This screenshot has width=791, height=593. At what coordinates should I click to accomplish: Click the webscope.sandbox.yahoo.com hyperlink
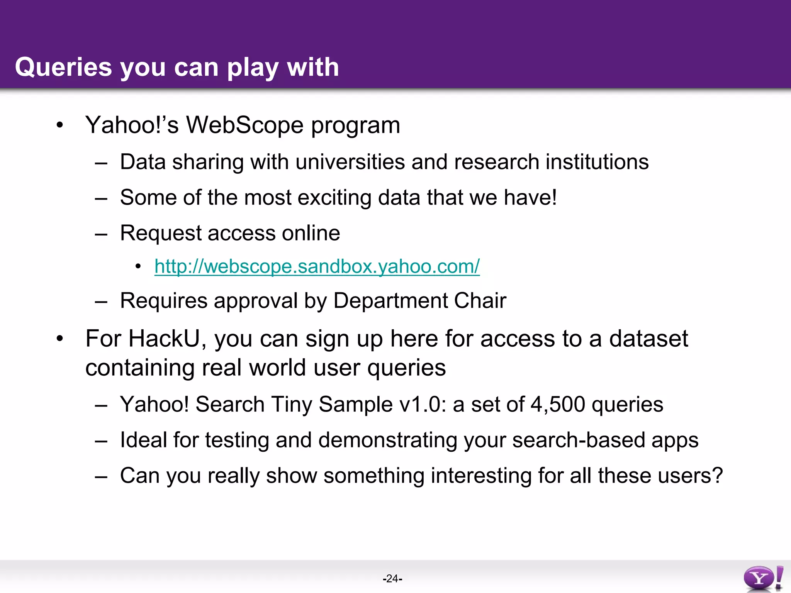pyautogui.click(x=317, y=266)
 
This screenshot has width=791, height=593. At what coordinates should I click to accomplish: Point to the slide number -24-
pyautogui.click(x=392, y=578)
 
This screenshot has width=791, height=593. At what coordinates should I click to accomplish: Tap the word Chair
pyautogui.click(x=480, y=300)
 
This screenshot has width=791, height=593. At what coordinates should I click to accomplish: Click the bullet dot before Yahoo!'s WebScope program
pyautogui.click(x=59, y=125)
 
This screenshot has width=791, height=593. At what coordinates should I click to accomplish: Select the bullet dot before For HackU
pyautogui.click(x=59, y=339)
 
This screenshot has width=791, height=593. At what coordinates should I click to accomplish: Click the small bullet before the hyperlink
pyautogui.click(x=138, y=266)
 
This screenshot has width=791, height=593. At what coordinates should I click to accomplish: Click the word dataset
pyautogui.click(x=648, y=339)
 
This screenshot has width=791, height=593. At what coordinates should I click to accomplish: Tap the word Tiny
pyautogui.click(x=291, y=404)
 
